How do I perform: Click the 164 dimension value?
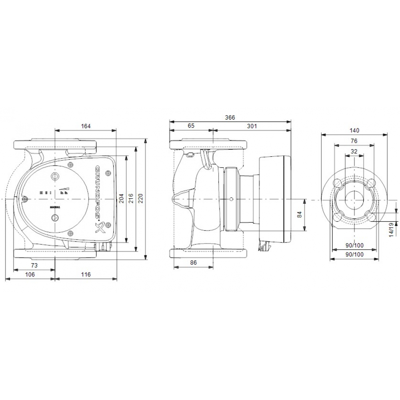click(x=86, y=126)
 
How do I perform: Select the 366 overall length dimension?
click(x=230, y=117)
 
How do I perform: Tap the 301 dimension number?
click(x=252, y=126)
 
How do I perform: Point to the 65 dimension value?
click(x=191, y=126)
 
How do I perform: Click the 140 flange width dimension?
click(x=354, y=130)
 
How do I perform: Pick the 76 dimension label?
click(x=354, y=141)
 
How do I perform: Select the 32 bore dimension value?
click(x=354, y=152)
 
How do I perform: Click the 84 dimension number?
click(x=300, y=215)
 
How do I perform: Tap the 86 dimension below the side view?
click(x=193, y=263)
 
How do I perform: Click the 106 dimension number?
click(x=30, y=274)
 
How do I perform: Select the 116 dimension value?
click(x=86, y=274)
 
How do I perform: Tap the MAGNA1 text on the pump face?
click(x=55, y=208)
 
